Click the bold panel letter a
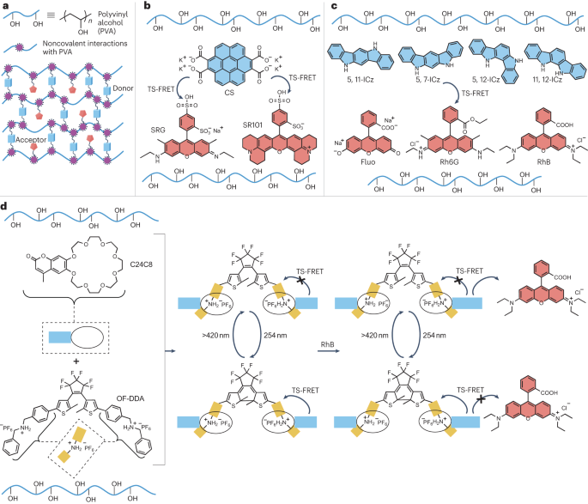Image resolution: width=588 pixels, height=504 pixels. (5, 5)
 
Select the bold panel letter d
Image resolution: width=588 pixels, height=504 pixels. (5, 207)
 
